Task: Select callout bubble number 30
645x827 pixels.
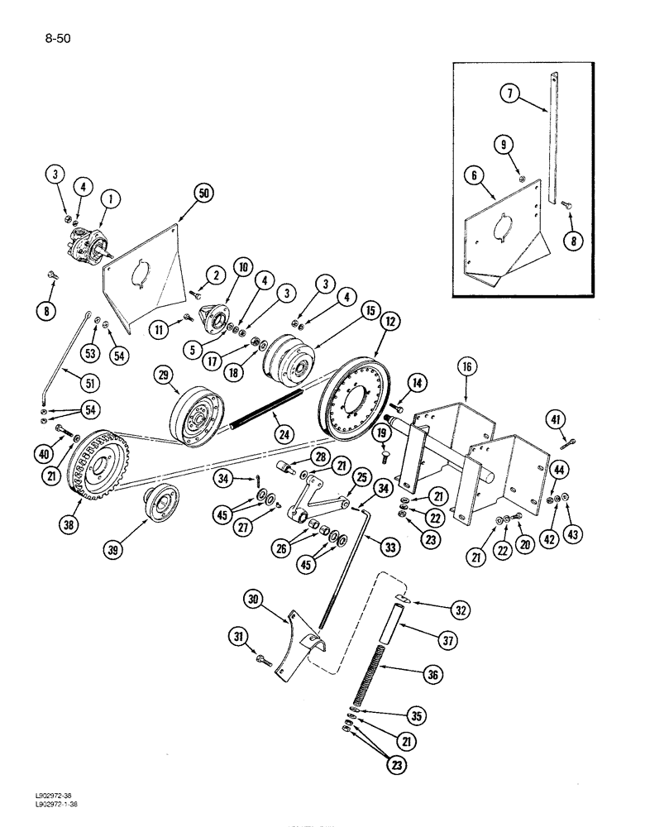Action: [256, 599]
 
